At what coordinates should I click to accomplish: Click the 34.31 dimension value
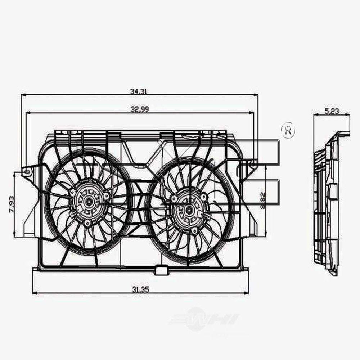coord(138,91)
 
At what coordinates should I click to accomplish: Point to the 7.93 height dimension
coord(12,204)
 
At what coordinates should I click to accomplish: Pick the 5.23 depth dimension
coord(332,111)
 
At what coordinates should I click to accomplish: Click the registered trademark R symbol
coord(288,131)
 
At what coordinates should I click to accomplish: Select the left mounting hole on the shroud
coord(26,172)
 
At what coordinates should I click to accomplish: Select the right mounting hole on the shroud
coord(253,165)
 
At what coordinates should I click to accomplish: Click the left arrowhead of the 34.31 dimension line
coord(23,95)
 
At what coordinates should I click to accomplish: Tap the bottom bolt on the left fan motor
coord(87,224)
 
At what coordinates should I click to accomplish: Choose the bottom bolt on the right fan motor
coord(195,231)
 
